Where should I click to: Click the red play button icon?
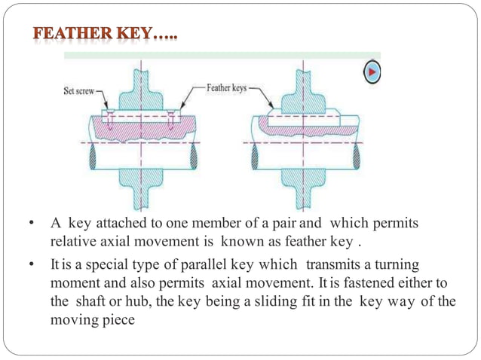[x=372, y=72]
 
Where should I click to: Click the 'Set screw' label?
[x=78, y=93]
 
